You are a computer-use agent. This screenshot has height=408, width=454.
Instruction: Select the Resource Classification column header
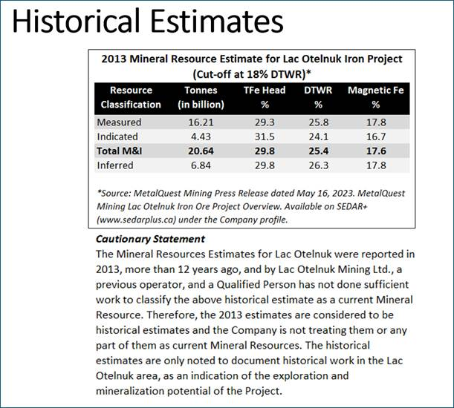pyautogui.click(x=131, y=97)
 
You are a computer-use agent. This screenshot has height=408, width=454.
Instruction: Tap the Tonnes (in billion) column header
pyautogui.click(x=201, y=97)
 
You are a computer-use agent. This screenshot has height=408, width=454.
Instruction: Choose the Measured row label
pyautogui.click(x=119, y=122)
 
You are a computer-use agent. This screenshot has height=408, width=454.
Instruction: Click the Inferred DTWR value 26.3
pyautogui.click(x=314, y=164)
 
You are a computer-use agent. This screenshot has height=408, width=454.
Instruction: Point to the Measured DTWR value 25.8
pyautogui.click(x=314, y=122)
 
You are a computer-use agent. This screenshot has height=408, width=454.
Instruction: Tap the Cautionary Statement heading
pyautogui.click(x=150, y=239)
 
